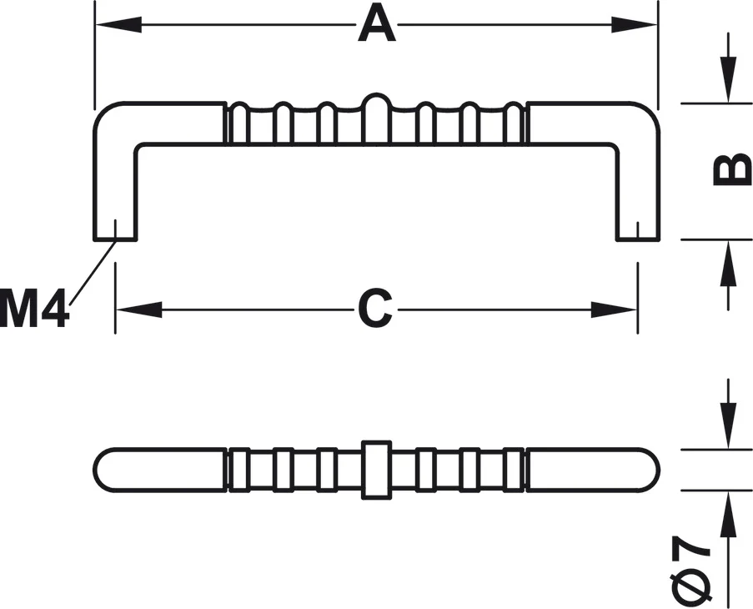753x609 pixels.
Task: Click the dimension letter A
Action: coord(377,25)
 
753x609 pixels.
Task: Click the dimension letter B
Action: coord(731,170)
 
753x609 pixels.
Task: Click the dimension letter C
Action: coord(375,310)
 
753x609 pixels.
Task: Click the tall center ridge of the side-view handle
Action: coord(376,117)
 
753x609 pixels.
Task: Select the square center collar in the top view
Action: coord(376,469)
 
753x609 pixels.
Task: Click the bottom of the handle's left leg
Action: coord(114,238)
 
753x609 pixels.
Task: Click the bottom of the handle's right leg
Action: coord(638,238)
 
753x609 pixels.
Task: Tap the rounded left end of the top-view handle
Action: coord(104,469)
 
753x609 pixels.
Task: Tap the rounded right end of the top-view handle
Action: coord(650,469)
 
